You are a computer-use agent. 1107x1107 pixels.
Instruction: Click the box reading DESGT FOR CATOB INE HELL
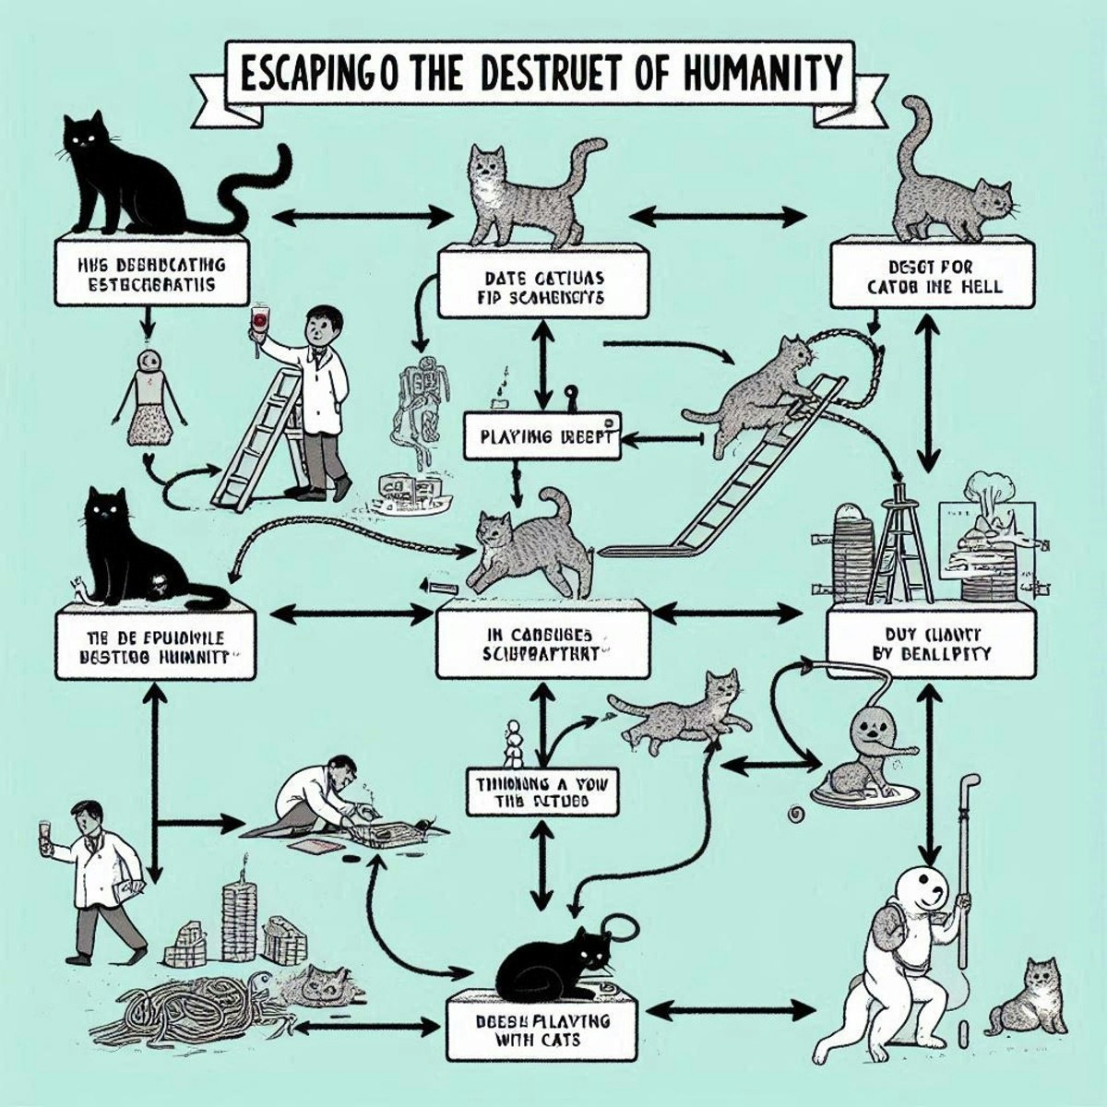[928, 274]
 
